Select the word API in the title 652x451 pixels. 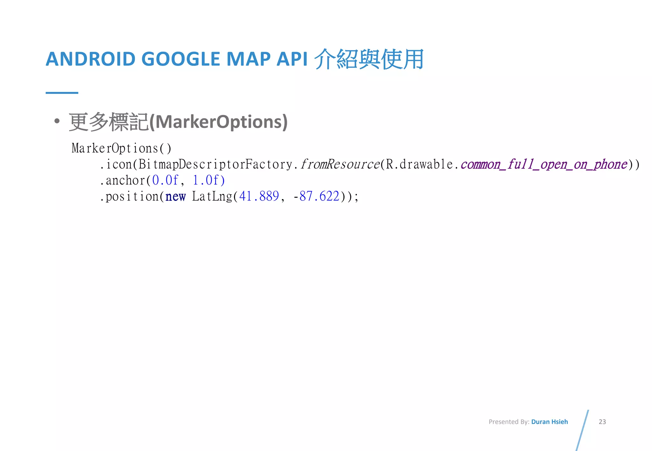(292, 59)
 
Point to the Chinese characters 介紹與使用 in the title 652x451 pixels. (369, 59)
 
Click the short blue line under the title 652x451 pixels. (62, 93)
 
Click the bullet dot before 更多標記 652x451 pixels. (57, 121)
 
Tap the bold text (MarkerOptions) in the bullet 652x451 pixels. (218, 122)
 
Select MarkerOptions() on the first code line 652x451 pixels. (122, 149)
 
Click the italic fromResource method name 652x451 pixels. (340, 164)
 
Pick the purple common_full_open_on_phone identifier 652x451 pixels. (544, 164)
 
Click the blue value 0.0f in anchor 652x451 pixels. (165, 180)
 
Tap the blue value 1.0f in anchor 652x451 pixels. (209, 180)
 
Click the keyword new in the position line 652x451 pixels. (175, 197)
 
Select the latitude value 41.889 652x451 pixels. (259, 197)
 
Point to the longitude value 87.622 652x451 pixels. (319, 197)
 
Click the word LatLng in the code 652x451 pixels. (212, 197)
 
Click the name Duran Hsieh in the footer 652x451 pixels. (549, 422)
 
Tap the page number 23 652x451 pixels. (602, 422)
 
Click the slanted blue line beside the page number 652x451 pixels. (582, 430)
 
